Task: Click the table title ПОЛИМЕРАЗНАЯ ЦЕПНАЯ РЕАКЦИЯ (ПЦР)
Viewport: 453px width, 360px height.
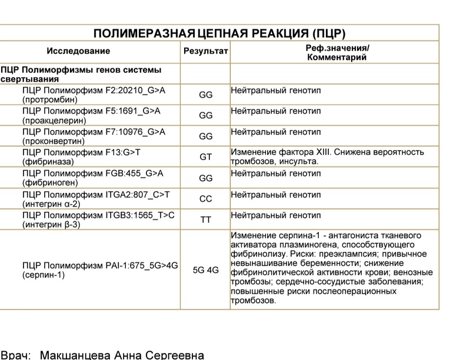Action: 219,33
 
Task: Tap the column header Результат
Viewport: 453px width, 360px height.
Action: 205,52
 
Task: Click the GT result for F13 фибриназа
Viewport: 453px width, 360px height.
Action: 205,157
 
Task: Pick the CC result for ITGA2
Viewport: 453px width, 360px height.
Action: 205,199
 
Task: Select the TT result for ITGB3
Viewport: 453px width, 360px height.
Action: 205,219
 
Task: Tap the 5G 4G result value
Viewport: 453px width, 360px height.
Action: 205,271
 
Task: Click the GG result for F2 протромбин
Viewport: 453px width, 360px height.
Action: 205,95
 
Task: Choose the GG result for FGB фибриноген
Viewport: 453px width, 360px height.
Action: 205,178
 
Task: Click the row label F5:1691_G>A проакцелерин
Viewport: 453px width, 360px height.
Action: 91,115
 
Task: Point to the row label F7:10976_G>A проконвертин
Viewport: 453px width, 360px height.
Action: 94,136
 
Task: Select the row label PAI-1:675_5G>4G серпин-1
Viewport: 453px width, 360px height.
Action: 99,269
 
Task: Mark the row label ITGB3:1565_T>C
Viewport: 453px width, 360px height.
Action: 98,220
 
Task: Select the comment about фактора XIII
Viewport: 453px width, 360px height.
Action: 327,156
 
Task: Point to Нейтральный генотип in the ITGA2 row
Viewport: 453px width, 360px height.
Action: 276,194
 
